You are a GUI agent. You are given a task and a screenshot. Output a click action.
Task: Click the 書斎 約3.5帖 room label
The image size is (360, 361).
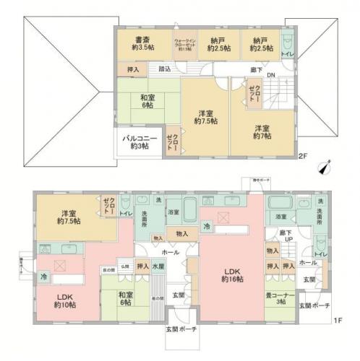click(x=142, y=44)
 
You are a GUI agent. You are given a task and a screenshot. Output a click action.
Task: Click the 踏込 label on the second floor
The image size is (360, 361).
click(x=165, y=69)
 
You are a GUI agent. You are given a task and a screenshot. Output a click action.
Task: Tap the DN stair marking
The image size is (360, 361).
click(x=270, y=76)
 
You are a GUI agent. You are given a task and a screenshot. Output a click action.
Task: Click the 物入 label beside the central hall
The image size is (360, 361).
click(x=182, y=233)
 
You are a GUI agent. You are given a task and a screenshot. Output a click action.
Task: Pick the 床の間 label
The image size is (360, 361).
click(x=107, y=269)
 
